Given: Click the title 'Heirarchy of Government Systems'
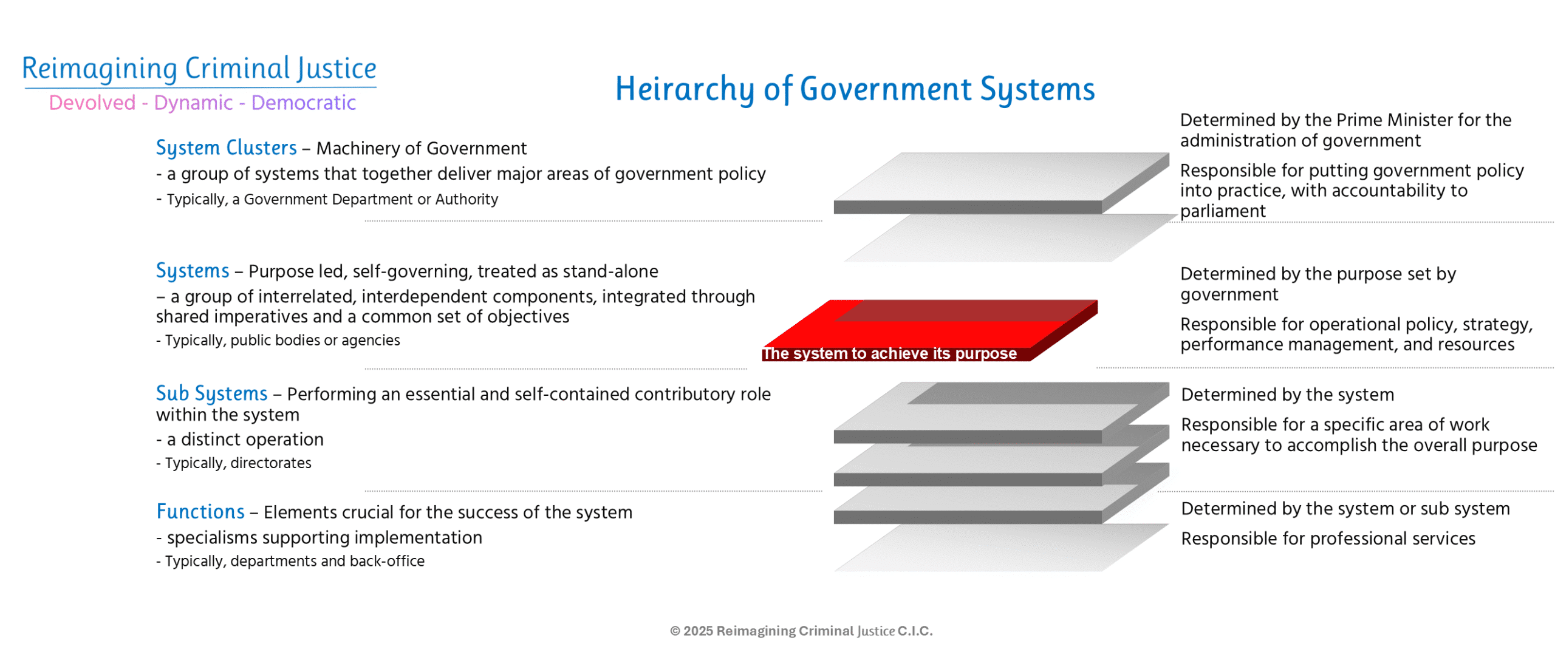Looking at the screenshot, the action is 855,89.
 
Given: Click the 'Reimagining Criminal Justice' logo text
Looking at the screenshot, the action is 199,68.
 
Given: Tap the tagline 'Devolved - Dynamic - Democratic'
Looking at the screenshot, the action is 202,103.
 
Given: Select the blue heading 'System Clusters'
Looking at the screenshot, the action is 226,148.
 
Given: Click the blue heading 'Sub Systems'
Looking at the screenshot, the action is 211,393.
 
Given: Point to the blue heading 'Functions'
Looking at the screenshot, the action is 200,511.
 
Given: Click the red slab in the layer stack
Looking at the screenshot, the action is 929,330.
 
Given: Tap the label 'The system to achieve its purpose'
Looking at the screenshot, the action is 889,353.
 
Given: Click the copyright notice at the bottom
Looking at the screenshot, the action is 801,631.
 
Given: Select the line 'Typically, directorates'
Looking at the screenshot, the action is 233,463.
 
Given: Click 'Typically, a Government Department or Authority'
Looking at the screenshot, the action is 327,199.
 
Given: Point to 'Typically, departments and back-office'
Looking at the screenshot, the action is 290,561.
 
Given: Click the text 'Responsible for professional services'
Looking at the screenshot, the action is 1328,539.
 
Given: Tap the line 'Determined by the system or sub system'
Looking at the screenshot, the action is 1345,508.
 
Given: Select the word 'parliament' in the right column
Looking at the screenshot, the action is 1222,211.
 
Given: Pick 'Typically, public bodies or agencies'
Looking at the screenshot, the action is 278,340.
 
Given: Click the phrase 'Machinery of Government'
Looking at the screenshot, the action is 421,148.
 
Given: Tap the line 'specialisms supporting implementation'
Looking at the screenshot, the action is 319,537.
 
